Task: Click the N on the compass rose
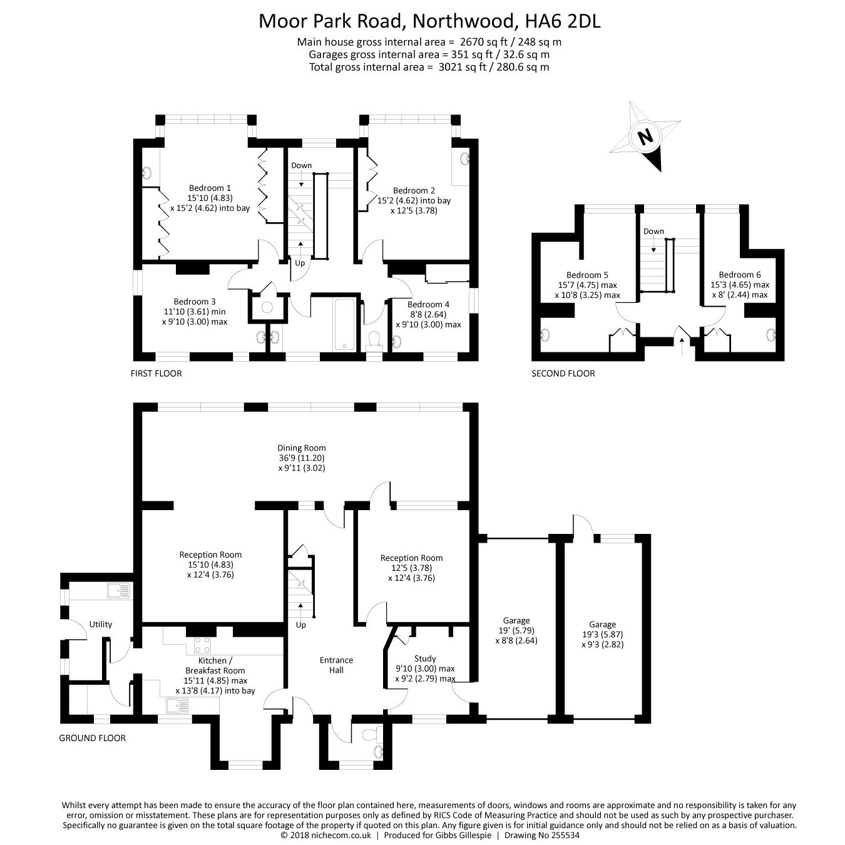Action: click(645, 137)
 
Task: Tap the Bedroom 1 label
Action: click(210, 188)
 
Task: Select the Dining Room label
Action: click(301, 448)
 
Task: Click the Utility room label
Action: click(100, 625)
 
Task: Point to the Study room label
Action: click(425, 658)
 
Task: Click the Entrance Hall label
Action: click(336, 665)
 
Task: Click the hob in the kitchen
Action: click(202, 645)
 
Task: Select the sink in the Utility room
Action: click(118, 591)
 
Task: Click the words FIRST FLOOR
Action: click(156, 374)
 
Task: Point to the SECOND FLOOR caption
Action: click(563, 374)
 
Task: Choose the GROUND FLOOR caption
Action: click(92, 738)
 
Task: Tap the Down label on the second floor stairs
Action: click(653, 231)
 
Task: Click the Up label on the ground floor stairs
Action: click(300, 625)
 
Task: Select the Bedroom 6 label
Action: click(740, 275)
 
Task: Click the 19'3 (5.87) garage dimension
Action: click(602, 635)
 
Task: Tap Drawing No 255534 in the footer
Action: click(542, 836)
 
